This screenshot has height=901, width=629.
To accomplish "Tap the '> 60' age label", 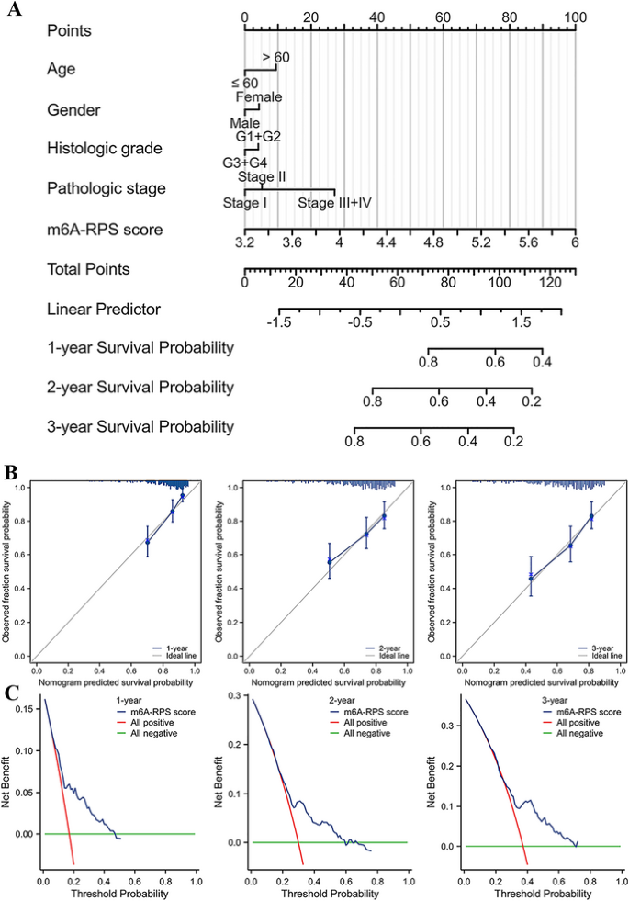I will (x=276, y=57).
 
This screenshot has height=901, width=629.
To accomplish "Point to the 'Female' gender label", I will (x=259, y=96).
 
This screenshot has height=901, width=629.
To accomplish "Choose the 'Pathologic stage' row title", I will (x=106, y=188).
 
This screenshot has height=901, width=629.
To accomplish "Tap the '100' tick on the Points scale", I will (x=575, y=17).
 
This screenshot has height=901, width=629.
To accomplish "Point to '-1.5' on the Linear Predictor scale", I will (x=279, y=322).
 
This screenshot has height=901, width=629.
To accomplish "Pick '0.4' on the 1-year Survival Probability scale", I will (x=542, y=362).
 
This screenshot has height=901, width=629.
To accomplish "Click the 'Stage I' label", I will (x=244, y=203).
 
